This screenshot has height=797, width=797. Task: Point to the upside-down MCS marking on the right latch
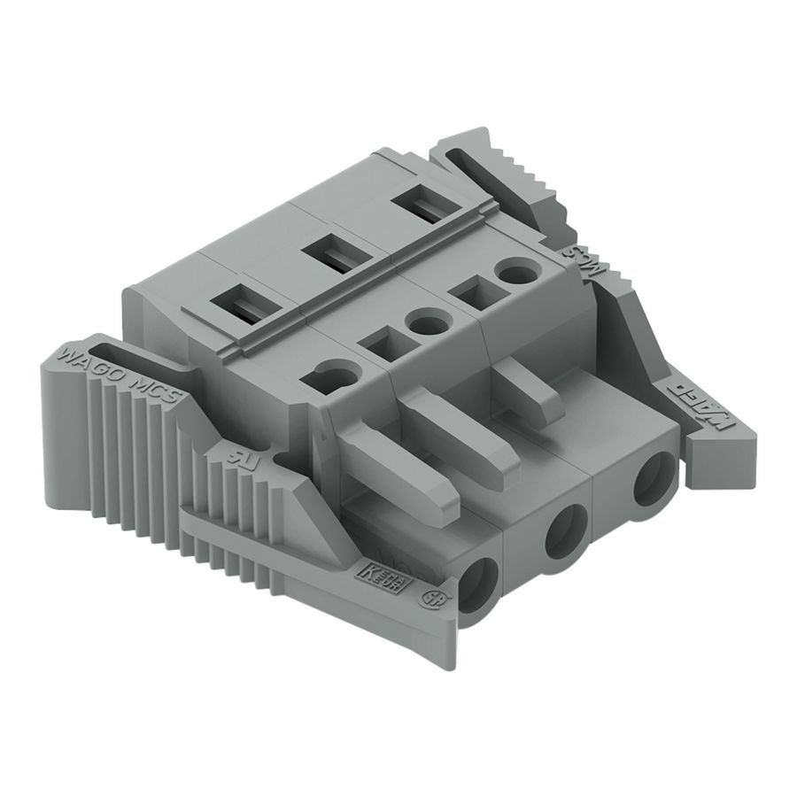pyautogui.click(x=588, y=262)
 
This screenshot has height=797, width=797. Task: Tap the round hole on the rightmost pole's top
pyautogui.click(x=515, y=269)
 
